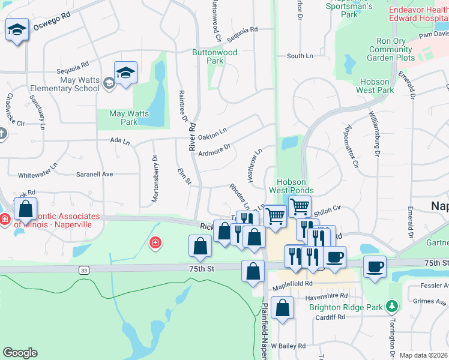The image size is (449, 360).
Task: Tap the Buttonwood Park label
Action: click(214, 56)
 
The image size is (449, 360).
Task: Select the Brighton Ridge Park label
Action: click(346, 307)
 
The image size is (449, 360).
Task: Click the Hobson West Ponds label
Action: click(295, 186)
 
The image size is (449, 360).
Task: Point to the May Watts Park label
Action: click(124, 118)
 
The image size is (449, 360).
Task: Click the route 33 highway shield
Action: click(82, 271)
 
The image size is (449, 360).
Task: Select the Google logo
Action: click(20, 353)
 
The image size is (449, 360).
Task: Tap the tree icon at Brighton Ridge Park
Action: click(393, 307)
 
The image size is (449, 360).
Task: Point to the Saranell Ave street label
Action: click(94, 174)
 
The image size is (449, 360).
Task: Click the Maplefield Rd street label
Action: click(292, 284)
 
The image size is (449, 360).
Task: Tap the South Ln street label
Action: click(300, 56)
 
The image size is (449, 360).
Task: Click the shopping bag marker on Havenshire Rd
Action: click(282, 308)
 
